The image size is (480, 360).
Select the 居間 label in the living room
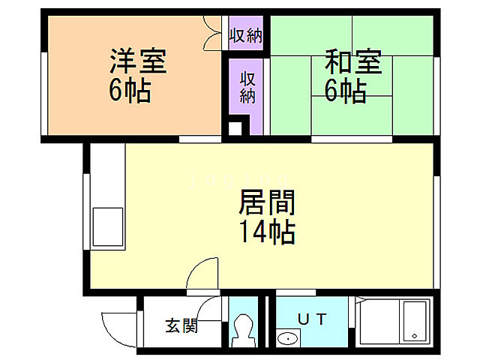[x=266, y=202]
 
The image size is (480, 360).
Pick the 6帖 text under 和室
[x=345, y=91]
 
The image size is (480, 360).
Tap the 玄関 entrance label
[x=181, y=326]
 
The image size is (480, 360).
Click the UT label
[x=312, y=319]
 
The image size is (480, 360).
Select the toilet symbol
[x=243, y=328]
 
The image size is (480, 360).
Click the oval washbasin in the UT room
[x=287, y=339]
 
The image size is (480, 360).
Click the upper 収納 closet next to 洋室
[x=246, y=34]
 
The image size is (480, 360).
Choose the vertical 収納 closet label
[x=247, y=87]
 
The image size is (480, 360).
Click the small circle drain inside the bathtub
[x=413, y=335]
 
